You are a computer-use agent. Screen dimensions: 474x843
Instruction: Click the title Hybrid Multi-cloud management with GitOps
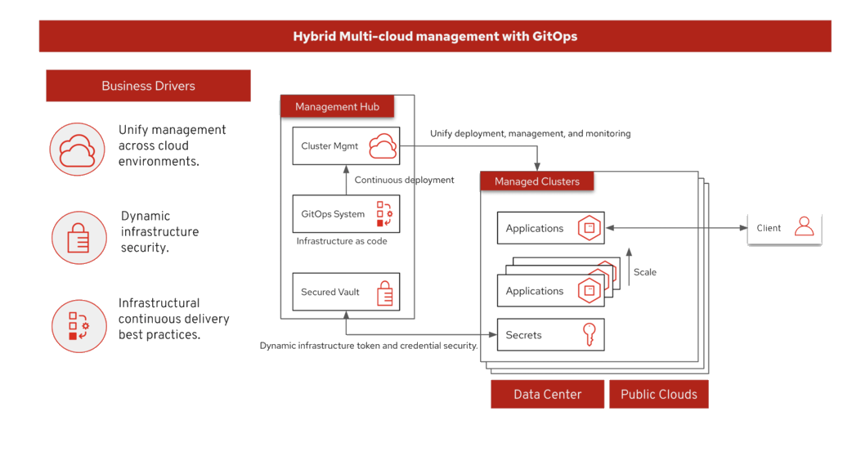(x=434, y=36)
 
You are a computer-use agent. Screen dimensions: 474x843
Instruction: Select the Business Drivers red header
(x=148, y=86)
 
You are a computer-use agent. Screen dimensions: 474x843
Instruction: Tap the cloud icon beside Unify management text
(x=78, y=149)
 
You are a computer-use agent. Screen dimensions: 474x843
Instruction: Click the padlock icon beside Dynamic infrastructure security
(x=78, y=238)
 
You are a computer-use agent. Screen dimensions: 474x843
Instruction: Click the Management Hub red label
(x=337, y=107)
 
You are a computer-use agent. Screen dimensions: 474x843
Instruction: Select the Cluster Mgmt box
(x=345, y=147)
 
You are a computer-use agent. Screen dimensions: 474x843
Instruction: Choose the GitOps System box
(x=345, y=214)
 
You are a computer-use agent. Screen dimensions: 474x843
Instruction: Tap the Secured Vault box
(x=345, y=292)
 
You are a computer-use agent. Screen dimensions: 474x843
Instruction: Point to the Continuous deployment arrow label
(x=404, y=180)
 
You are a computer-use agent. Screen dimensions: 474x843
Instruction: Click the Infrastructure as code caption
(x=342, y=242)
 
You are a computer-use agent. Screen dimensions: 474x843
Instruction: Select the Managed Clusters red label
(x=536, y=181)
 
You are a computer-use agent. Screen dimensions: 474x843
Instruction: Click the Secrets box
(x=549, y=335)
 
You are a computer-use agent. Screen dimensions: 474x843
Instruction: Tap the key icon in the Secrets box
(x=589, y=335)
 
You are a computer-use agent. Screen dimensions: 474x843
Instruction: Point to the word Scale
(x=645, y=272)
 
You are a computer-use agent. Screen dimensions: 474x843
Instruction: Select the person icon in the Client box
(x=805, y=226)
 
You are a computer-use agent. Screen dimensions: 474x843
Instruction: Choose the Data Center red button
(x=547, y=394)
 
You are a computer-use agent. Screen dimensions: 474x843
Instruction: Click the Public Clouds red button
(x=658, y=394)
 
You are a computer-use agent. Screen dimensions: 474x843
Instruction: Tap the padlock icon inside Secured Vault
(x=384, y=293)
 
